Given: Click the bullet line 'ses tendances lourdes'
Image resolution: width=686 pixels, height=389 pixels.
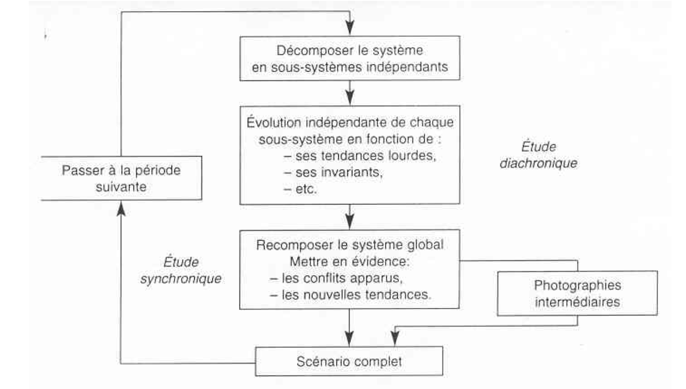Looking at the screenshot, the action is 360,156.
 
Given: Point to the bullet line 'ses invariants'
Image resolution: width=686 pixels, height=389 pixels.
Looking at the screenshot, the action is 333,172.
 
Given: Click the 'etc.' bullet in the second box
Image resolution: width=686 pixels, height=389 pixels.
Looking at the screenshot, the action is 300,190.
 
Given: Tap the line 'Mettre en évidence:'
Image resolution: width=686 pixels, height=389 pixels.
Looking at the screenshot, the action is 350,262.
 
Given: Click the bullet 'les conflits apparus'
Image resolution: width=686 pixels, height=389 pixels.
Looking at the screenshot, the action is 336,278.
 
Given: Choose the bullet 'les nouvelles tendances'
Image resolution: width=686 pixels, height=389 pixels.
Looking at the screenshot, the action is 350,295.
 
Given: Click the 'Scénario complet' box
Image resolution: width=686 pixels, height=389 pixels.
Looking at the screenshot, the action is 349,361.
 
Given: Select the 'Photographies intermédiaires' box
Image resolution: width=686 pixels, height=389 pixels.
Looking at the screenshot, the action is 577,293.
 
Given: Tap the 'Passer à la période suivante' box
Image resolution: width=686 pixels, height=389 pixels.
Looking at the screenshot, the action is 121,178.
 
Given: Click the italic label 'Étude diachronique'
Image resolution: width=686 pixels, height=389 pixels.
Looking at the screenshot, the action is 539,155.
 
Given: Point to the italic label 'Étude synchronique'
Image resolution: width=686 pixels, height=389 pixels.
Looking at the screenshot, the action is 181,270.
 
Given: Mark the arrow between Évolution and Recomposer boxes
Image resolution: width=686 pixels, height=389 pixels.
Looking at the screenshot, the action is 350,217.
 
